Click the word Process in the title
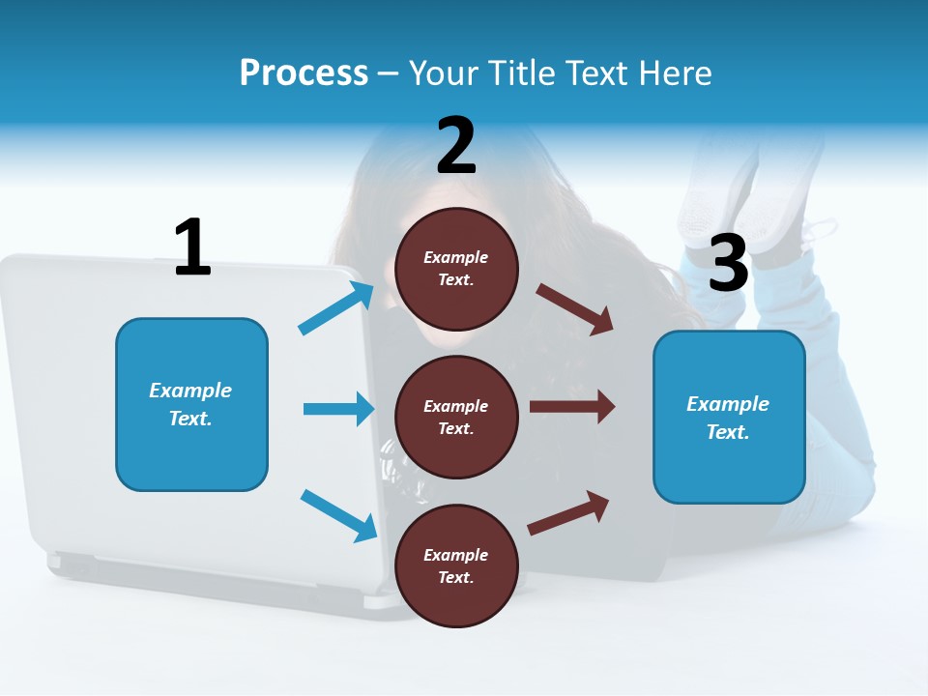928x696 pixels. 304,72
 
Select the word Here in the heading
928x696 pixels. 674,72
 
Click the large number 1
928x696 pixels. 192,247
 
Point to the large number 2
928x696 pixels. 456,146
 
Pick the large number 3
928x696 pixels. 729,263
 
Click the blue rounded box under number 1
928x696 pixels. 191,404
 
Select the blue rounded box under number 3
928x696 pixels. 729,417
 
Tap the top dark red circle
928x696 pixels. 456,269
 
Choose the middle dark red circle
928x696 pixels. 456,417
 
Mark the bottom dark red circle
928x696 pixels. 456,565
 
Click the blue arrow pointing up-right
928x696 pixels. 336,307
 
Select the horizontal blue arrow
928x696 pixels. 338,409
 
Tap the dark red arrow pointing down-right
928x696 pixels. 575,309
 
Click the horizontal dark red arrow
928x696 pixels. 572,407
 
